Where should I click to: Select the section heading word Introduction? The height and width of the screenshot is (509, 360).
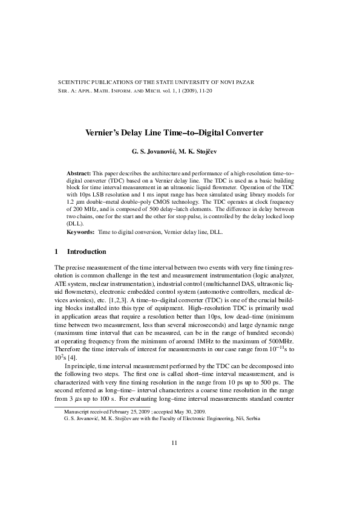[87, 251]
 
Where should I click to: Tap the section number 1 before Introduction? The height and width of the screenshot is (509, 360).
[56, 251]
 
